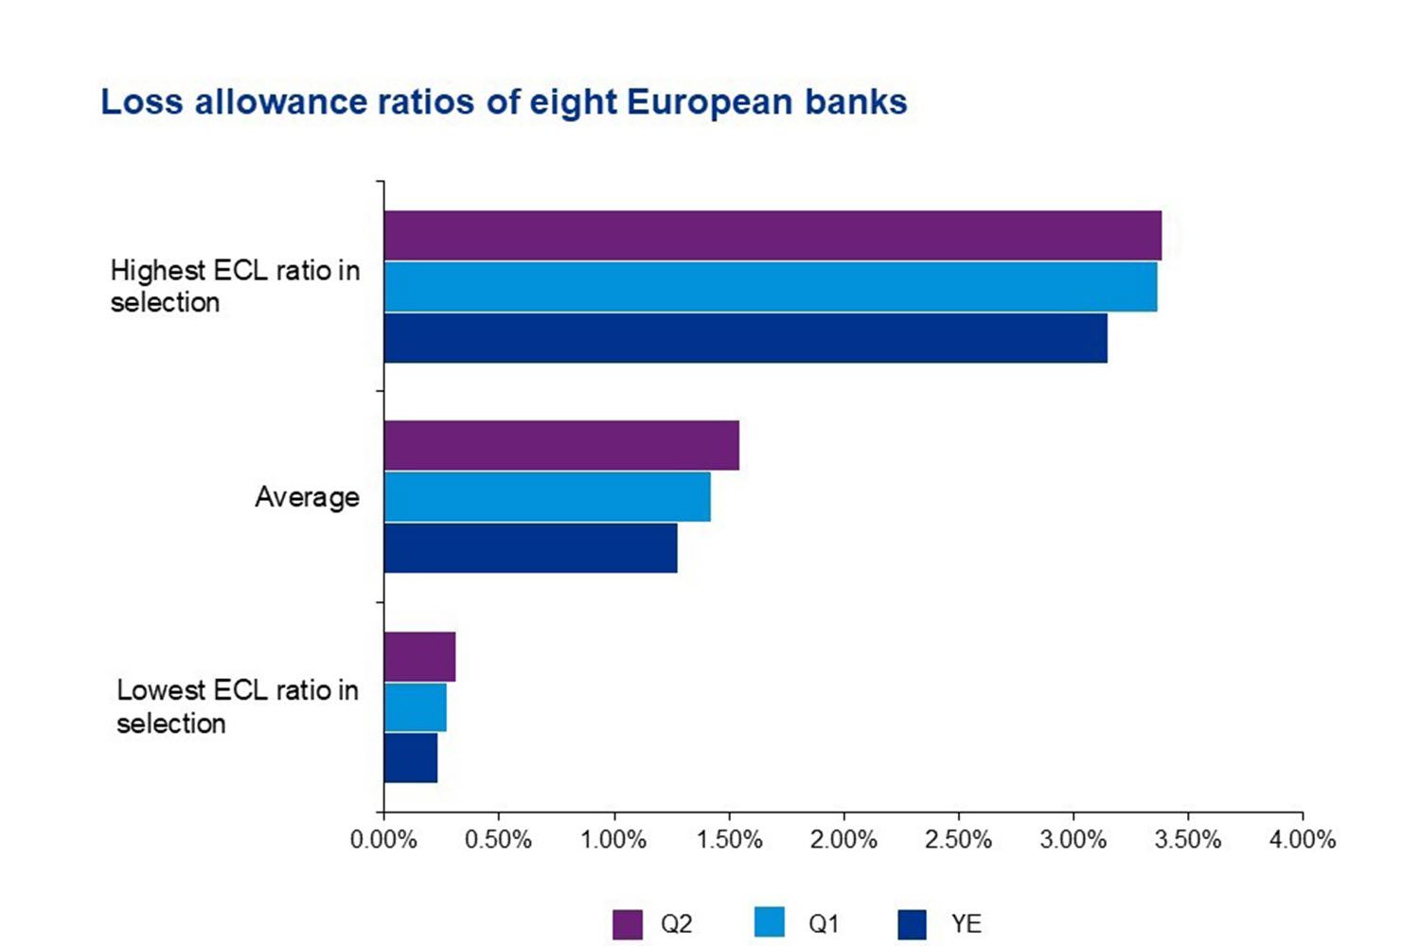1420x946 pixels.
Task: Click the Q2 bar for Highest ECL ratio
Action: click(x=772, y=235)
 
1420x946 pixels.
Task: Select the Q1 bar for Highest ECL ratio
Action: click(x=770, y=287)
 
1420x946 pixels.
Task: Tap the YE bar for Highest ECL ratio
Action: click(x=745, y=338)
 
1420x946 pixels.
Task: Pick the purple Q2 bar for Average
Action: click(x=561, y=445)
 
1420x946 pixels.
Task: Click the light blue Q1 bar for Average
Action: click(x=547, y=497)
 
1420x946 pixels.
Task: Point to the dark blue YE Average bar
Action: click(x=530, y=548)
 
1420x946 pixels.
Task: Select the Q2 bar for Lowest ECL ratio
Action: click(x=419, y=656)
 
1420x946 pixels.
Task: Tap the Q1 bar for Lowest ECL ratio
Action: click(x=415, y=707)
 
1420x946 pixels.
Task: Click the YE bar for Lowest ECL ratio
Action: click(x=411, y=759)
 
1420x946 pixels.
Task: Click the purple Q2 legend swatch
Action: click(x=627, y=924)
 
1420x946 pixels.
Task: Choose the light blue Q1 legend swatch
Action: click(x=770, y=922)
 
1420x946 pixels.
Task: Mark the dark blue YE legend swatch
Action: click(x=912, y=924)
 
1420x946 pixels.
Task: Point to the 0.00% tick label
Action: click(x=383, y=840)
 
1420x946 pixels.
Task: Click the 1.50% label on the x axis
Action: click(x=729, y=840)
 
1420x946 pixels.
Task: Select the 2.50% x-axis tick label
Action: click(x=958, y=840)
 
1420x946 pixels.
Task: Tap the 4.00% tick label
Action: click(x=1303, y=840)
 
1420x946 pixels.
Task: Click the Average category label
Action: click(x=307, y=497)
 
